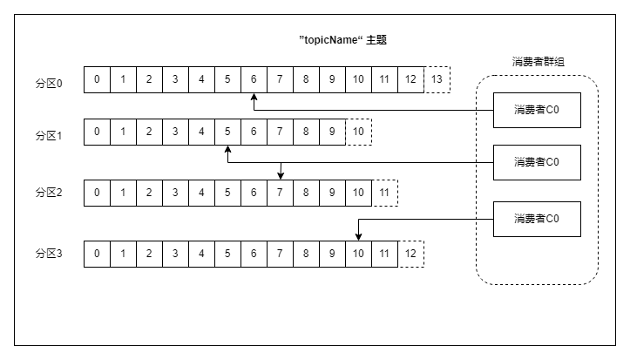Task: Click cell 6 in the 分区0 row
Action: pos(254,80)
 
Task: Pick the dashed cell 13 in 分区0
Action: pos(437,80)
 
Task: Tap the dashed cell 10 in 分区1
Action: pos(358,132)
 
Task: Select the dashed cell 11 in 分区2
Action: pos(384,193)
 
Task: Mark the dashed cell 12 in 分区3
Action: pos(410,254)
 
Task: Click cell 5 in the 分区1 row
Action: pos(227,132)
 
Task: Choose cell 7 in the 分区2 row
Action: pos(280,193)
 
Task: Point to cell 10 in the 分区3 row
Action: pos(358,254)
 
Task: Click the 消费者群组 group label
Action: pos(537,63)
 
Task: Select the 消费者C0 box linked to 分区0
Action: pos(536,110)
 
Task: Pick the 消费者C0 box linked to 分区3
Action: pos(536,219)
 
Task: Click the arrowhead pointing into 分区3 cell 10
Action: pos(358,236)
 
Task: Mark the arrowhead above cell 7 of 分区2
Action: pos(280,174)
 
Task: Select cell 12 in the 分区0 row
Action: pos(410,80)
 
